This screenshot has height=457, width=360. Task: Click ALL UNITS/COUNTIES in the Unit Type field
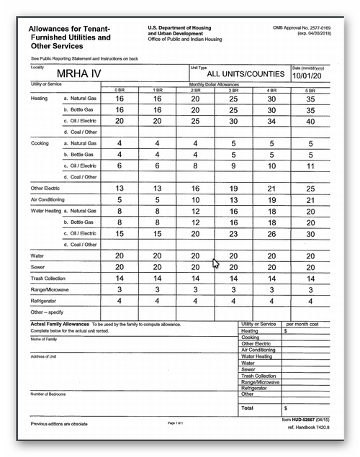point(235,74)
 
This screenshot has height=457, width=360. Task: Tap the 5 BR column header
point(310,89)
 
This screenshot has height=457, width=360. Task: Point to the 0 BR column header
point(120,89)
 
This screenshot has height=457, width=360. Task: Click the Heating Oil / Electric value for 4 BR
point(271,121)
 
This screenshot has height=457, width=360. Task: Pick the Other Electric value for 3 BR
point(233,188)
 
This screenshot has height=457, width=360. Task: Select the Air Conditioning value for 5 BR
point(310,199)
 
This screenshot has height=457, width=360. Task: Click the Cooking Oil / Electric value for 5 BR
point(310,166)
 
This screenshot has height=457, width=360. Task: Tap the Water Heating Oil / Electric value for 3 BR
point(233,233)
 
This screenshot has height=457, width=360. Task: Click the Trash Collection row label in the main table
point(48,278)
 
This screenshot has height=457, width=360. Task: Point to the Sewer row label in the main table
point(37,267)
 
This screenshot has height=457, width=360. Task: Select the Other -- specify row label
point(48,312)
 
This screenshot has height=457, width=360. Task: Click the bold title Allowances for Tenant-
point(66,28)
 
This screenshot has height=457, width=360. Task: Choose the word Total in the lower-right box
point(248,407)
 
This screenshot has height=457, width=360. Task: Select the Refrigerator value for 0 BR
point(120,300)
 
